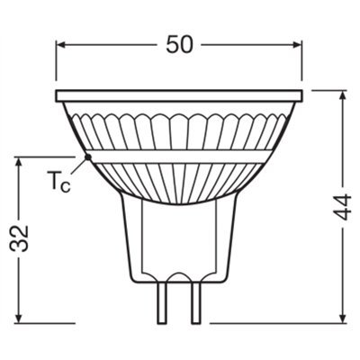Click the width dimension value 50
coord(180,46)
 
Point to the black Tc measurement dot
coord(88,156)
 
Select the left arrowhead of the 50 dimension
coord(62,46)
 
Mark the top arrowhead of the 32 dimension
coord(19,161)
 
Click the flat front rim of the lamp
coord(180,94)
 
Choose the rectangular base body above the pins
coord(180,243)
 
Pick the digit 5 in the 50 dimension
coord(171,46)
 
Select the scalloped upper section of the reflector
coord(180,126)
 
